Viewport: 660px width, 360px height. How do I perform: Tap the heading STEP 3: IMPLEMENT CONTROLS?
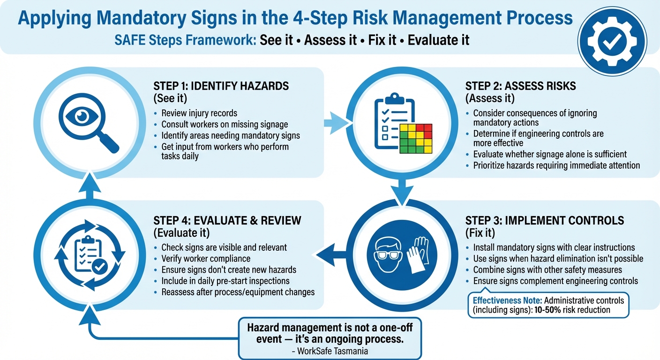544,220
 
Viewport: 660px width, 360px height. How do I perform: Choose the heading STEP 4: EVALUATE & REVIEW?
227,220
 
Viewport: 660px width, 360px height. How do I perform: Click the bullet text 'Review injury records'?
199,113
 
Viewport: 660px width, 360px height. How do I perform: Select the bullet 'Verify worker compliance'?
206,258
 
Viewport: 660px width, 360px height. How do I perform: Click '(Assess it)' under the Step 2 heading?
489,98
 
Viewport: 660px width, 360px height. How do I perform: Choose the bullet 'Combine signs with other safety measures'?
547,270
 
